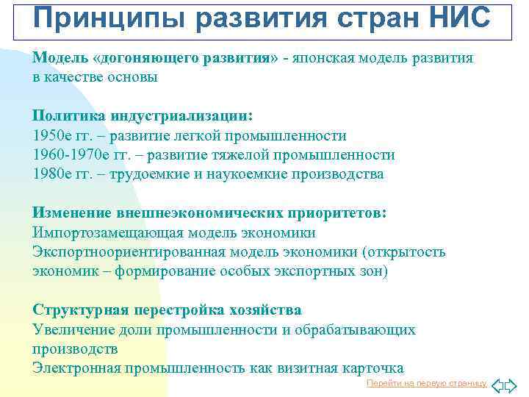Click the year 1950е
[52, 136]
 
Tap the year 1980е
[52, 174]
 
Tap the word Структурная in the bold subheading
[79, 310]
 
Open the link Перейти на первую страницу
[426, 384]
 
